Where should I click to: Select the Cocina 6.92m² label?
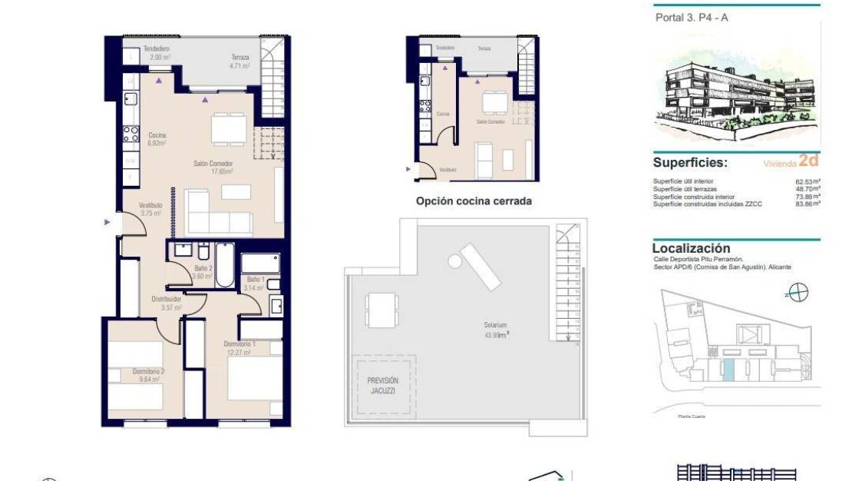(157, 139)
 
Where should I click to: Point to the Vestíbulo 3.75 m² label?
(150, 210)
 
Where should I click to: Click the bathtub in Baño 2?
(225, 265)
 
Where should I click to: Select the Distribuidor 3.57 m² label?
(166, 303)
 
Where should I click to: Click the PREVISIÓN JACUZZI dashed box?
(383, 386)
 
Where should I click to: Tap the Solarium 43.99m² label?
(496, 330)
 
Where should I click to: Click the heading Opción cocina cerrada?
(474, 201)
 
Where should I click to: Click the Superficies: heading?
(690, 163)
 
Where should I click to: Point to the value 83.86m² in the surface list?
(807, 204)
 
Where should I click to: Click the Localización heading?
(691, 248)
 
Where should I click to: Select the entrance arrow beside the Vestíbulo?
(107, 223)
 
